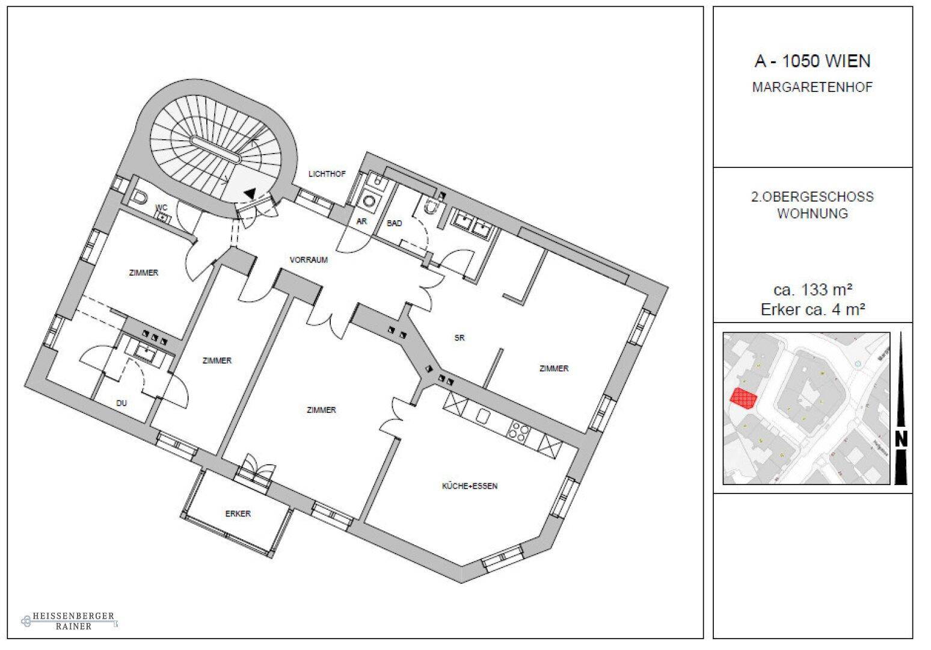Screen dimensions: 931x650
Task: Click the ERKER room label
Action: click(x=238, y=514)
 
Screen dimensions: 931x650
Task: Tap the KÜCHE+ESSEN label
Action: click(x=470, y=486)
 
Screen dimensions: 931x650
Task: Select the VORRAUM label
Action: click(x=309, y=261)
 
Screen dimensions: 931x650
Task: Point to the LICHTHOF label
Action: click(x=327, y=175)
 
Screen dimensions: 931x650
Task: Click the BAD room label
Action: click(x=394, y=223)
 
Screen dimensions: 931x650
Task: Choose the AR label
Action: click(x=362, y=221)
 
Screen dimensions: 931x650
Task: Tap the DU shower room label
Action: click(x=121, y=403)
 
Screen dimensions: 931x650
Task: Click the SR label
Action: click(x=460, y=338)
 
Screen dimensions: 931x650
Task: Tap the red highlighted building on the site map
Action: click(x=743, y=398)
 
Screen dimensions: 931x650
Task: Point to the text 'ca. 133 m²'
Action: click(x=813, y=289)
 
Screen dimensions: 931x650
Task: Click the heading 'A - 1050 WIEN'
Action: click(x=812, y=61)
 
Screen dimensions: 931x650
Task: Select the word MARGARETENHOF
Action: click(x=812, y=87)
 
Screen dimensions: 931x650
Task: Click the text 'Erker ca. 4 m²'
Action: click(x=813, y=309)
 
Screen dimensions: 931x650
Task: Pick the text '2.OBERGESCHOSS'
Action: click(x=812, y=197)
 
